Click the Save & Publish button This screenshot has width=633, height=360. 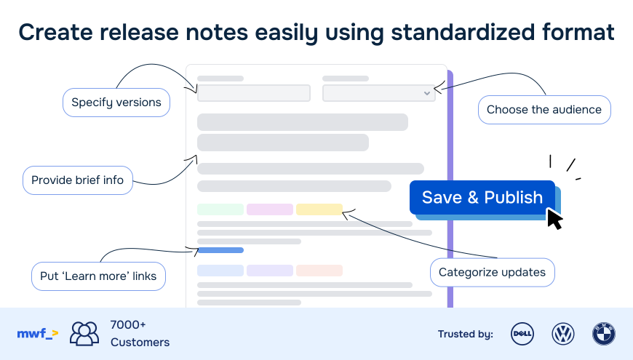(x=482, y=197)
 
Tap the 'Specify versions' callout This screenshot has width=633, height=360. (x=116, y=103)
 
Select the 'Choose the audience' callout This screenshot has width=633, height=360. (x=544, y=110)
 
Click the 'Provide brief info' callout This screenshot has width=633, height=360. (x=78, y=180)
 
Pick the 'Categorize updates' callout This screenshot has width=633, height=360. (x=492, y=273)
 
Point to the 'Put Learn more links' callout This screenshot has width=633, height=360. (x=98, y=276)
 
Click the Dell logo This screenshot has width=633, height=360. (x=522, y=334)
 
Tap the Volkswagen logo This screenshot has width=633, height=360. (x=562, y=334)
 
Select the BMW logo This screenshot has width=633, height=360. (x=603, y=334)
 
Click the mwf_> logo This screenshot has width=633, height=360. (x=38, y=334)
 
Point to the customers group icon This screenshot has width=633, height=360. (x=84, y=333)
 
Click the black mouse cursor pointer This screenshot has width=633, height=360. (x=554, y=219)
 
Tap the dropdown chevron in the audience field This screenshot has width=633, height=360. (x=427, y=93)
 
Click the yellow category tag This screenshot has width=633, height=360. (x=319, y=209)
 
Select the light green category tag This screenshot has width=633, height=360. (x=220, y=209)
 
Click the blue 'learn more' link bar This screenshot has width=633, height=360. (x=220, y=250)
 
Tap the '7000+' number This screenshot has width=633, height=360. (x=128, y=325)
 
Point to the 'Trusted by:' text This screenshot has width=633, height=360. (x=466, y=334)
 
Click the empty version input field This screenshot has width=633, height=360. (x=254, y=93)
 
